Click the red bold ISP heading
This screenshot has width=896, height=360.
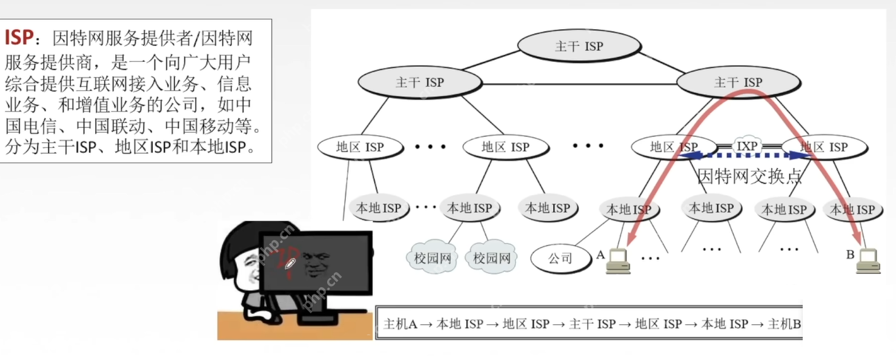click(x=19, y=38)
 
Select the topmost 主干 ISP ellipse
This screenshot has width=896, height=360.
click(x=579, y=46)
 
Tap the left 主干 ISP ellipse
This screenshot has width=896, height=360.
click(x=420, y=82)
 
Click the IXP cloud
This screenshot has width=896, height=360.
click(x=747, y=146)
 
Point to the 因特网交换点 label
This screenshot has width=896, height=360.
click(x=749, y=176)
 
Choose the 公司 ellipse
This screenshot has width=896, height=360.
click(x=560, y=258)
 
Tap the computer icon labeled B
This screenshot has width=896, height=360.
click(x=868, y=261)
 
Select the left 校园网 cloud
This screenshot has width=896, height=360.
click(x=433, y=258)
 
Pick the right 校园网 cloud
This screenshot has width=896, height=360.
click(x=491, y=258)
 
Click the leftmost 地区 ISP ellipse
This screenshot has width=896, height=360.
click(x=360, y=147)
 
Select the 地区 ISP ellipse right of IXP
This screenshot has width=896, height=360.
click(x=824, y=147)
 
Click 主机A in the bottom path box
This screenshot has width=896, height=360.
click(x=400, y=324)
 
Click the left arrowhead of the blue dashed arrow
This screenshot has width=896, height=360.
click(x=682, y=156)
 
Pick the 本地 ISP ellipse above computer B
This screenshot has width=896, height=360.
click(x=852, y=210)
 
